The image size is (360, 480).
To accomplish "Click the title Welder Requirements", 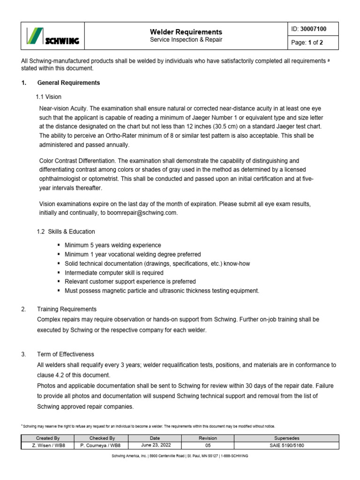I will click(x=186, y=32).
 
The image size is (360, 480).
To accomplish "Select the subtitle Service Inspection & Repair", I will click(x=186, y=40).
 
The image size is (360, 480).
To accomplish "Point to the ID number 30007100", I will click(x=314, y=29).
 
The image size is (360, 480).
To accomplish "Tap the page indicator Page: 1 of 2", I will click(x=307, y=43).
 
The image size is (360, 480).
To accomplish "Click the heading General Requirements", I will click(x=68, y=83).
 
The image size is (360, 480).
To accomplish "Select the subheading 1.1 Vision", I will click(x=49, y=97).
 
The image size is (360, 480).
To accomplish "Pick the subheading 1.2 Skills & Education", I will click(x=66, y=232).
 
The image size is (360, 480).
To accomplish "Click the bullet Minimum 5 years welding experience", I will click(x=112, y=245).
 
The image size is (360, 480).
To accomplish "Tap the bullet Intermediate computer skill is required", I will click(x=114, y=273).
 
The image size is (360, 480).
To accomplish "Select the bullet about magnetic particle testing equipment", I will click(x=162, y=291).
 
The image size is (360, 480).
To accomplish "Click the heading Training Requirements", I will click(x=67, y=309).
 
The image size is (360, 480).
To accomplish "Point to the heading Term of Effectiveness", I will click(x=66, y=354).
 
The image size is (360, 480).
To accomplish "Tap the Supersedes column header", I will click(x=285, y=438).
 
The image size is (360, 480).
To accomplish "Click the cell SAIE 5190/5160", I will click(x=285, y=445).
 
